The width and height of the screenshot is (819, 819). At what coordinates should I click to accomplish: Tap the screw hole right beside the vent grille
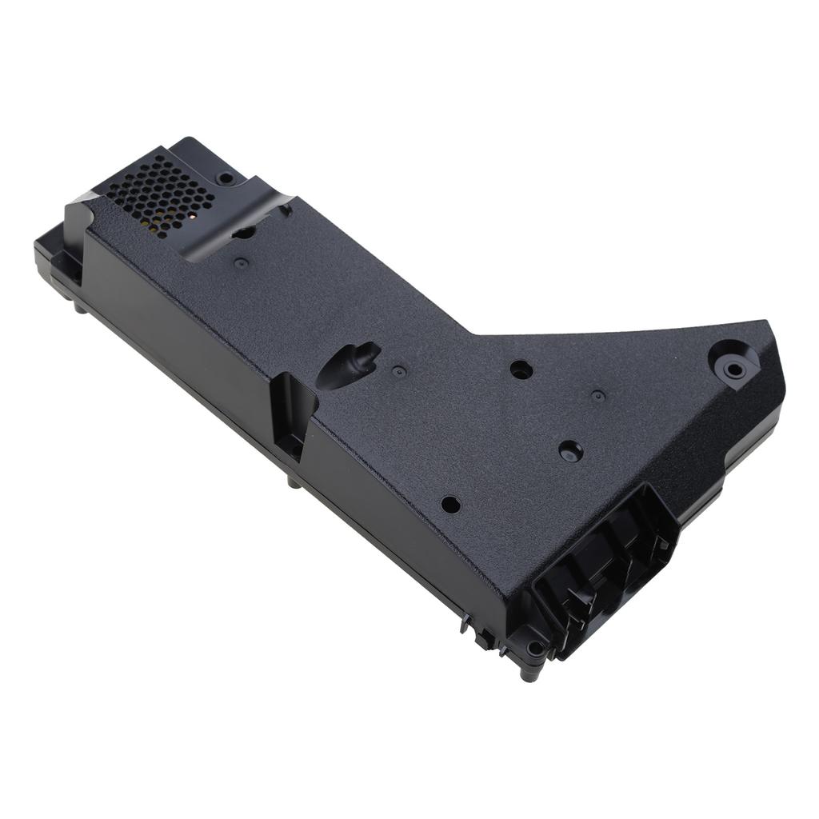click(x=226, y=177)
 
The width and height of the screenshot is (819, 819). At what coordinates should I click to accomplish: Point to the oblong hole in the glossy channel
click(x=244, y=233)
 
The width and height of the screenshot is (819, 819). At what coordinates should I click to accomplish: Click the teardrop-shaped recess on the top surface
click(x=349, y=365)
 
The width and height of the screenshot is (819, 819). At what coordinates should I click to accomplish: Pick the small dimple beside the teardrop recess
click(x=398, y=371)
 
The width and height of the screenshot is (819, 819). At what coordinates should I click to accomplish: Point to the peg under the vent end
click(x=79, y=306)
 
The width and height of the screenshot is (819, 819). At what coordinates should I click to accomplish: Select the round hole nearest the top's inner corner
click(x=521, y=370)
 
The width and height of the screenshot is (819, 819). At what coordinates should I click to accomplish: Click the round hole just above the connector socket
click(x=570, y=450)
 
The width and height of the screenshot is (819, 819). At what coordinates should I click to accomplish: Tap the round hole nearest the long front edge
click(x=450, y=505)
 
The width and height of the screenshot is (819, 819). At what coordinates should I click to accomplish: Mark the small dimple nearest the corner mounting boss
click(x=597, y=395)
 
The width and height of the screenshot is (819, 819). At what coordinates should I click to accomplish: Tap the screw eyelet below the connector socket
click(x=533, y=648)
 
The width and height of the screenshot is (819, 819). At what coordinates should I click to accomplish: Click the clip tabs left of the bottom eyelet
click(x=480, y=632)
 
